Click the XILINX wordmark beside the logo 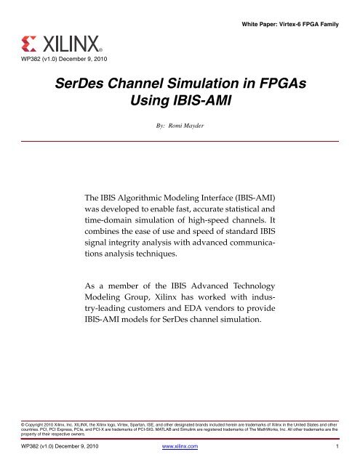tap(69, 39)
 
